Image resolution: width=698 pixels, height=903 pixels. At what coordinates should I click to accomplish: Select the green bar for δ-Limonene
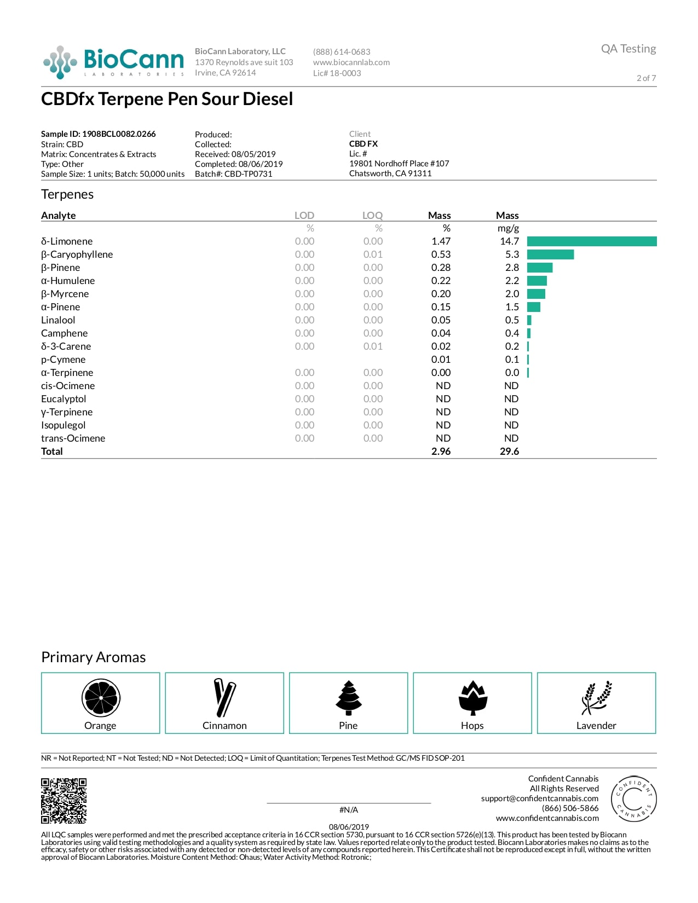click(x=591, y=241)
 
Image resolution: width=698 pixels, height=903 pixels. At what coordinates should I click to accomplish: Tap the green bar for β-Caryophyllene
click(x=550, y=254)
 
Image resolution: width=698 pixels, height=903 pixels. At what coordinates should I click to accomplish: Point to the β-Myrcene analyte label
click(x=65, y=294)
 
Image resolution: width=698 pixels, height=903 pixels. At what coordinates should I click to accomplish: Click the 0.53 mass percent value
click(x=441, y=254)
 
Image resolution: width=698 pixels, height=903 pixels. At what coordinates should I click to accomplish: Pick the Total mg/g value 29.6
click(x=509, y=451)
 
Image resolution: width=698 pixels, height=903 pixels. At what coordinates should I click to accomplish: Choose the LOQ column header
click(x=372, y=216)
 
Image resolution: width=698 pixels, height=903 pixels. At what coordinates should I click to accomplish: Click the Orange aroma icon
click(x=101, y=698)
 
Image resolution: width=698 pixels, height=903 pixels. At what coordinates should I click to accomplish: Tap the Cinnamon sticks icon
click(x=224, y=698)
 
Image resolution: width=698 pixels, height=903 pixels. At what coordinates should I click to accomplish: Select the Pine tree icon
click(x=348, y=698)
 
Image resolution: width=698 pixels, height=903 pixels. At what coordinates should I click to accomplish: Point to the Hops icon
click(x=472, y=698)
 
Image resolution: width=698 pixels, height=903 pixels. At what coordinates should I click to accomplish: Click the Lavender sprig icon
click(x=596, y=698)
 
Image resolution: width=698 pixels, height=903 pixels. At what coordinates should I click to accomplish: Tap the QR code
click(x=64, y=801)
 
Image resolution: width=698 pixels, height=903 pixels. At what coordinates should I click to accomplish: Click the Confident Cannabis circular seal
click(x=633, y=798)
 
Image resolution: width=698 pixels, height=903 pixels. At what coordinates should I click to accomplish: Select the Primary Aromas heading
click(x=94, y=657)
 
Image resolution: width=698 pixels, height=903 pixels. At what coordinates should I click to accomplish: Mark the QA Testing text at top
click(x=628, y=49)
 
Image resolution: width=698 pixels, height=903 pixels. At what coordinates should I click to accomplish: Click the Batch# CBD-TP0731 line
click(x=233, y=174)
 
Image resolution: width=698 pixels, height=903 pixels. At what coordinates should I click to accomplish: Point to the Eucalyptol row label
click(x=64, y=399)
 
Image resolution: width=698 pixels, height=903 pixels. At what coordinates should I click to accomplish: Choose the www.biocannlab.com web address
click(x=351, y=62)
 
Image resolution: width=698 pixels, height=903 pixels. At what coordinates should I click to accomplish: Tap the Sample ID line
click(x=98, y=134)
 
